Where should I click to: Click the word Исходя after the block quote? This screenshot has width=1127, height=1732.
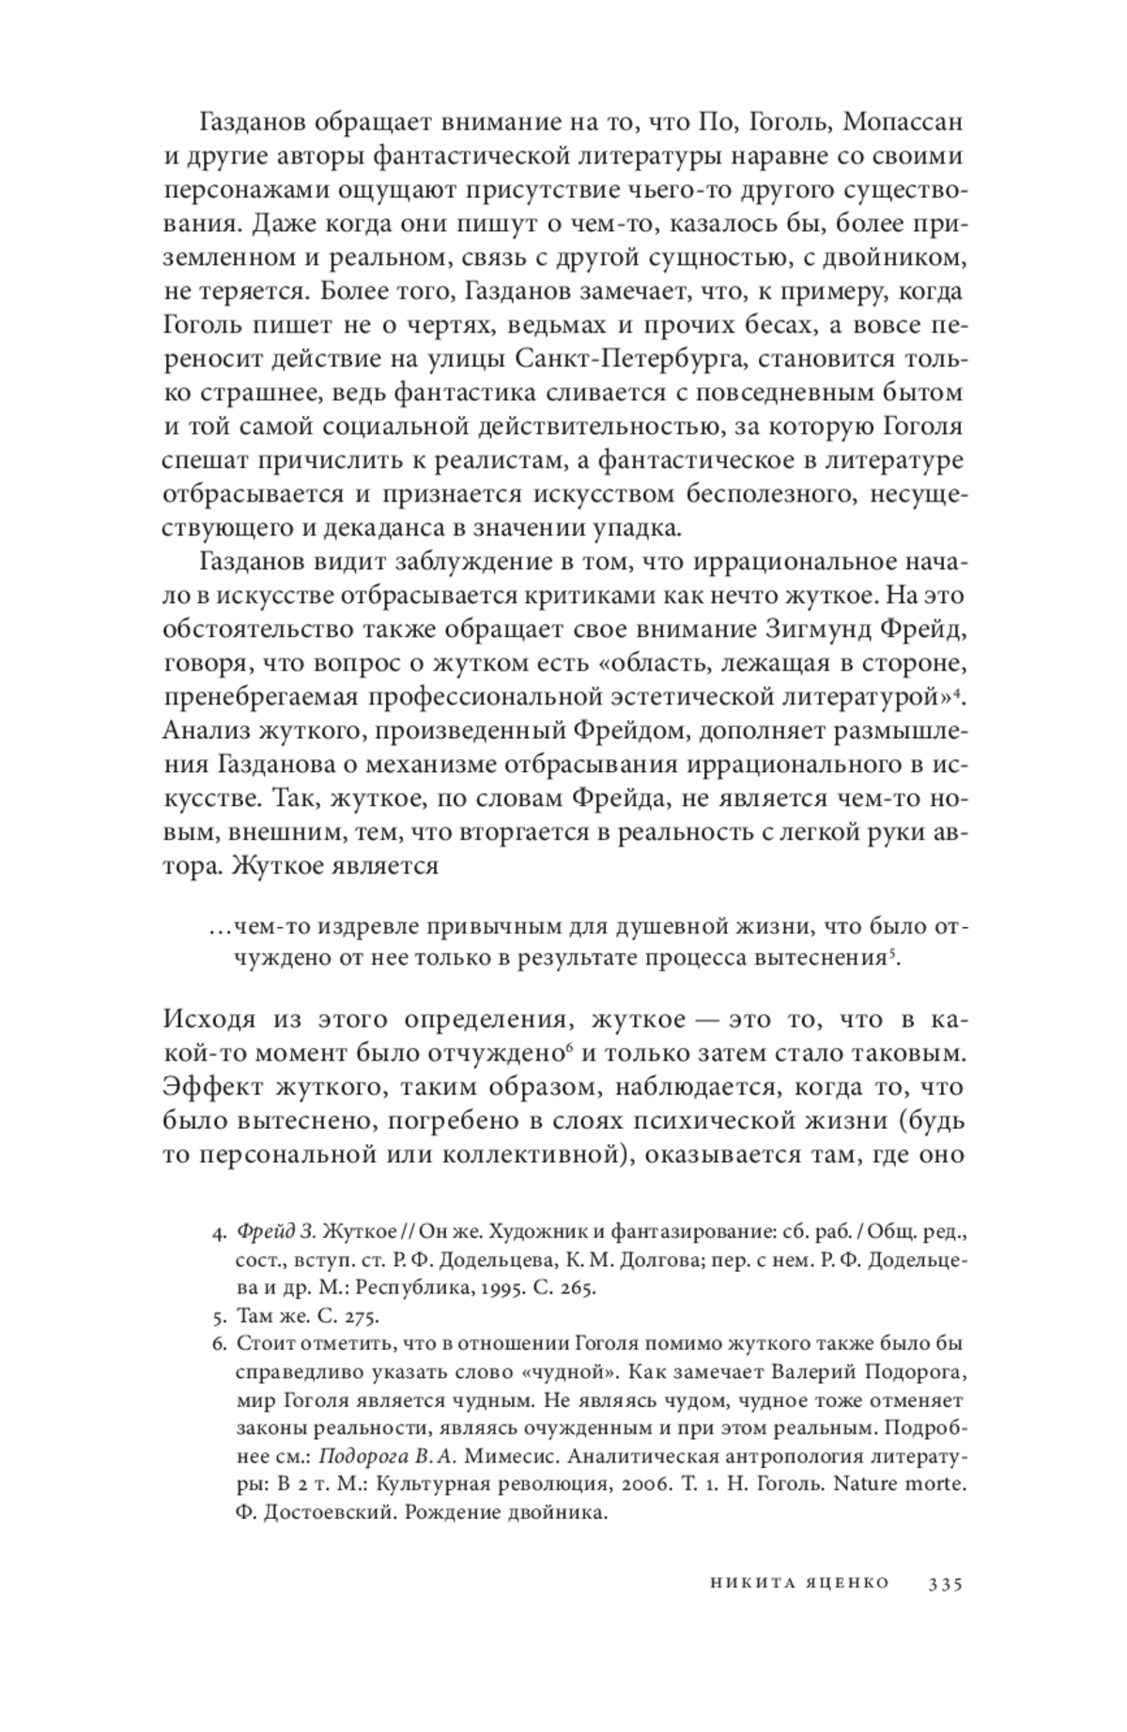209,1020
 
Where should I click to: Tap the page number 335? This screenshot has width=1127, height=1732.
945,1585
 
